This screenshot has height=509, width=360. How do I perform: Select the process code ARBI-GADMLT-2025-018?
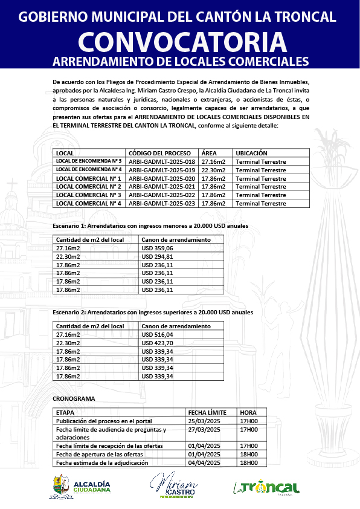click(x=162, y=162)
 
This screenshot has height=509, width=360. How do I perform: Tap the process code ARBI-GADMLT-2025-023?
click(x=162, y=204)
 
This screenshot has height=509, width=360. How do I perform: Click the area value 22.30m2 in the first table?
click(x=213, y=170)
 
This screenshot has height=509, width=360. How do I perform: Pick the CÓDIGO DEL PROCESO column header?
click(x=160, y=154)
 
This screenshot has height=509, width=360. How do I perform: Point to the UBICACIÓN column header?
click(x=251, y=154)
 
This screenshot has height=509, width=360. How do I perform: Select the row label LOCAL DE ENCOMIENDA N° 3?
click(x=89, y=162)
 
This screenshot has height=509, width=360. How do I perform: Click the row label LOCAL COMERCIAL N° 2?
click(x=88, y=187)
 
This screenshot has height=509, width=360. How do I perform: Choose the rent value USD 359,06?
click(x=157, y=248)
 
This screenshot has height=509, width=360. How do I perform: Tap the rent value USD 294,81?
click(x=157, y=257)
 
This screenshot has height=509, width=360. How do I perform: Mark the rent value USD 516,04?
click(x=157, y=334)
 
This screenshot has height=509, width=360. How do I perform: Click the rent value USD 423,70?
click(x=157, y=343)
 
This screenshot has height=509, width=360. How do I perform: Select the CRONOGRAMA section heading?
click(x=74, y=400)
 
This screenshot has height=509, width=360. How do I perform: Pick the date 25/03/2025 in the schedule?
click(x=204, y=421)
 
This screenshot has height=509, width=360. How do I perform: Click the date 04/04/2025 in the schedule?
click(x=204, y=463)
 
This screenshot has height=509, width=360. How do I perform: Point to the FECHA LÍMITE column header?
click(x=207, y=412)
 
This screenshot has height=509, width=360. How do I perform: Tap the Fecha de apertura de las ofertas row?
click(x=99, y=455)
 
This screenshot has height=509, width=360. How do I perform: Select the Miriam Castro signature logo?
click(x=174, y=485)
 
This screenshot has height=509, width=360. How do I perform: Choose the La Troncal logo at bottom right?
click(x=266, y=487)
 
